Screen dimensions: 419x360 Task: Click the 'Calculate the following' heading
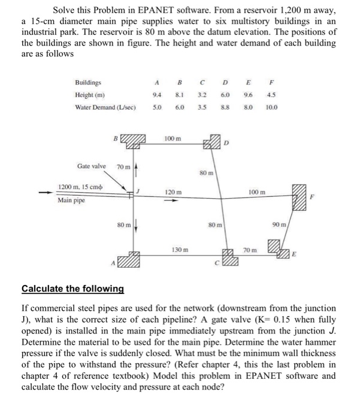click(72, 289)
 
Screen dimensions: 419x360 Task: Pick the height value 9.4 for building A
click(156, 95)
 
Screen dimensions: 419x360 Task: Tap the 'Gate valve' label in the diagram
click(92, 166)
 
